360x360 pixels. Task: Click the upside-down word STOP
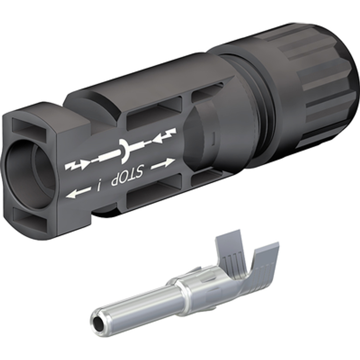[x=127, y=175]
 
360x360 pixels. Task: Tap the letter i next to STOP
[x=99, y=185]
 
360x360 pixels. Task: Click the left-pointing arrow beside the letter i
[x=78, y=192]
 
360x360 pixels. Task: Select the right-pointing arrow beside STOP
[x=162, y=164]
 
